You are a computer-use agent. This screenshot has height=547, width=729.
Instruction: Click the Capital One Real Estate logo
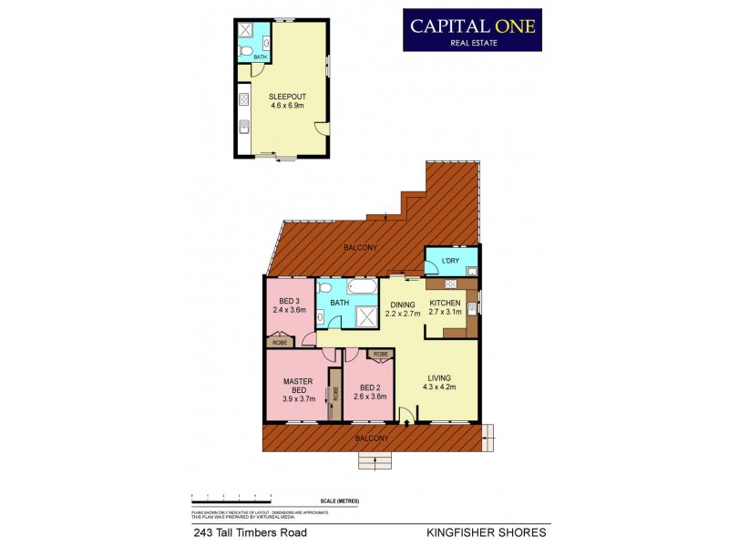[x=472, y=29]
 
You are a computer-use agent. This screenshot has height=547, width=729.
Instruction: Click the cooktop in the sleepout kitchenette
[x=244, y=98]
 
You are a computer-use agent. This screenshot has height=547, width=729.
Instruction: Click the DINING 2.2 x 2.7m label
[x=403, y=309]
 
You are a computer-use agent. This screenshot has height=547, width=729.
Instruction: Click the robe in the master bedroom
[x=334, y=393]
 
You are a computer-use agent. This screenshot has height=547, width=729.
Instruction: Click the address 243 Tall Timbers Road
[x=249, y=532]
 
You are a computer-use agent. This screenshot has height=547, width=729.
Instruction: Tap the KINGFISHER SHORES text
[x=487, y=532]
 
